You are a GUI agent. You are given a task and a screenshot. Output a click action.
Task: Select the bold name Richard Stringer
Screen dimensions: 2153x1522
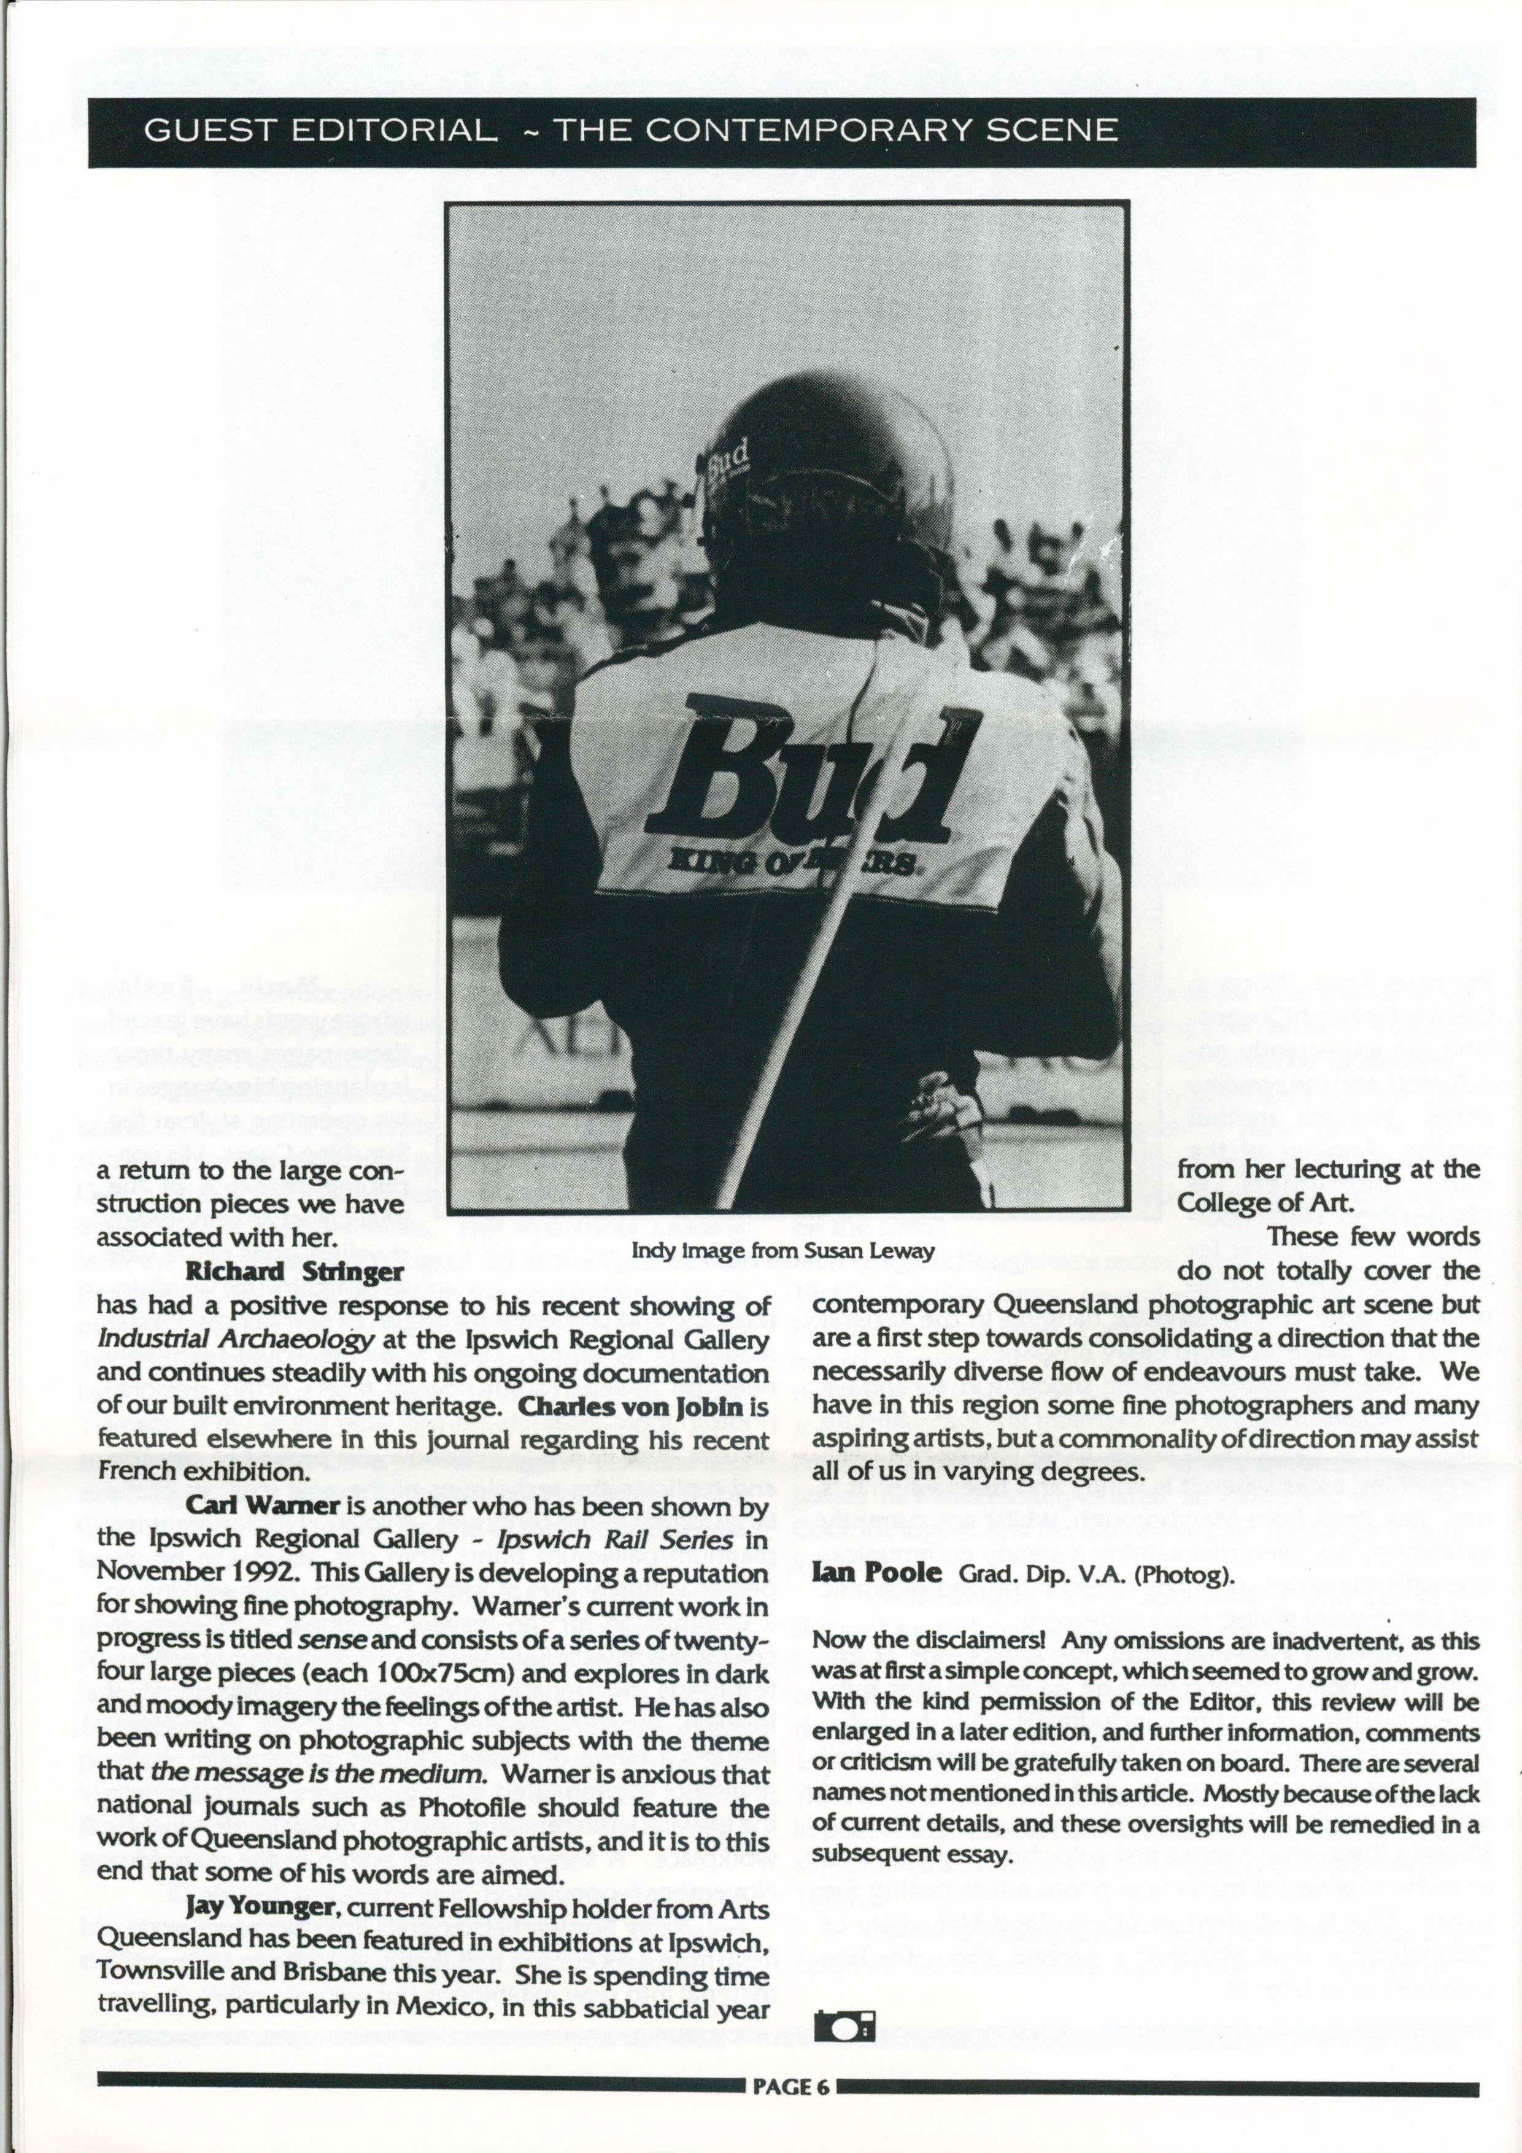[x=295, y=1272]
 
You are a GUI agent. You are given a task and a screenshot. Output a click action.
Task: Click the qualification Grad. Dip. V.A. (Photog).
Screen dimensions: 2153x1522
[x=1095, y=1574]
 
